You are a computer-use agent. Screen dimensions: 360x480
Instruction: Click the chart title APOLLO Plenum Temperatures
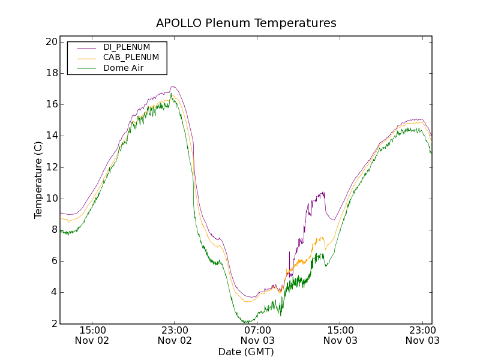[246, 23]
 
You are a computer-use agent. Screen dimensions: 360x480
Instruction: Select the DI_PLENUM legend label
[127, 47]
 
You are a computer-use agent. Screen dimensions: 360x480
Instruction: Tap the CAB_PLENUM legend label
[131, 58]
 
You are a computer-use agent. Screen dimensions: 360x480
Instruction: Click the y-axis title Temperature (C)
[38, 180]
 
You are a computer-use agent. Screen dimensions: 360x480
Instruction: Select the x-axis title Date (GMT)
[246, 352]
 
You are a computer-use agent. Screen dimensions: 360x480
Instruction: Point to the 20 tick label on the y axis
[50, 42]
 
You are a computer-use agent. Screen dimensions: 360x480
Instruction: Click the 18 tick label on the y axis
[50, 73]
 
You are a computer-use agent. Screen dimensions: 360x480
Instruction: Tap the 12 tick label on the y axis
[50, 167]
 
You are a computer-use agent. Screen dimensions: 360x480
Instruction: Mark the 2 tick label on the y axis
[53, 324]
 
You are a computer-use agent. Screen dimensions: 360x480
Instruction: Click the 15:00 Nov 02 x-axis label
[92, 335]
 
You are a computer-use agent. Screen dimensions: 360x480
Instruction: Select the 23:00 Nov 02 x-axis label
[175, 335]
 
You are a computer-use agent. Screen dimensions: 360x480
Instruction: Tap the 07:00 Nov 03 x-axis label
[257, 335]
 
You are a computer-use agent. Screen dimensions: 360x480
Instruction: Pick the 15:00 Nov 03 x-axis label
[340, 335]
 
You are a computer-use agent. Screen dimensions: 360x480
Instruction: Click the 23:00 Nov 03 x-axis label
[422, 335]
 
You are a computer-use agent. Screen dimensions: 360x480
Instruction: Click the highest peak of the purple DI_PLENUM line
[173, 86]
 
